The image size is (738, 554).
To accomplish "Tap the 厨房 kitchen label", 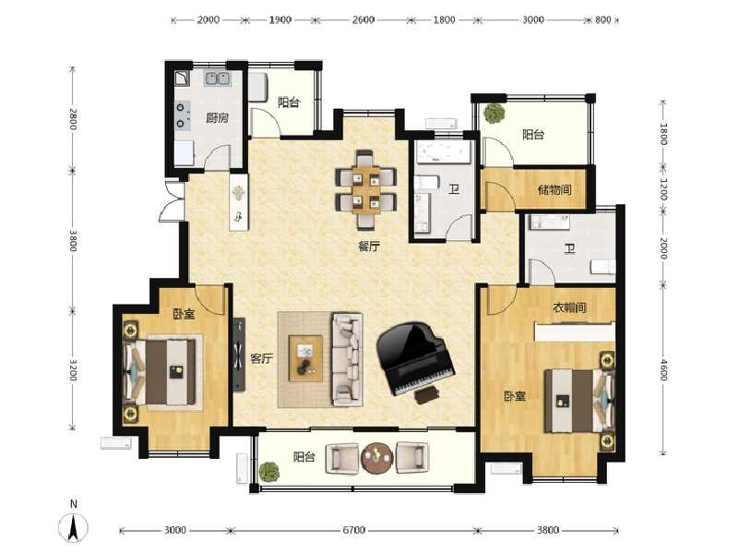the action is click(217, 117).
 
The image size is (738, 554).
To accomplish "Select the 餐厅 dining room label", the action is click(368, 246).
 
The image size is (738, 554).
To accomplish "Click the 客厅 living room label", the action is click(262, 358).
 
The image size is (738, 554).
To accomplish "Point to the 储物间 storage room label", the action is click(555, 190).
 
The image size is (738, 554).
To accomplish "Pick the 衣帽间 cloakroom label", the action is click(569, 308).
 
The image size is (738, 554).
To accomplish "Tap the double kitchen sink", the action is click(217, 78).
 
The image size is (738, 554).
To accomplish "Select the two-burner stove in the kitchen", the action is click(183, 115).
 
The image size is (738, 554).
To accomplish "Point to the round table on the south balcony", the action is click(377, 457).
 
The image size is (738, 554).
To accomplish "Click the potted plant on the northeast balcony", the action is click(494, 114).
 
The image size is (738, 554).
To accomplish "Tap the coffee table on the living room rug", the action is click(306, 358).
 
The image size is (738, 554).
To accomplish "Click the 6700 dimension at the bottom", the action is click(353, 530).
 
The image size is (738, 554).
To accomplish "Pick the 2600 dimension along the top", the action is click(363, 19).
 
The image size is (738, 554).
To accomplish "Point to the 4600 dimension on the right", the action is click(663, 369).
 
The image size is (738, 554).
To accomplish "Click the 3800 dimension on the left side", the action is click(73, 240).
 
